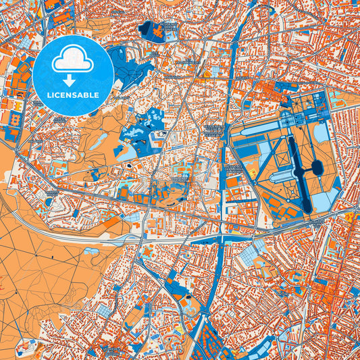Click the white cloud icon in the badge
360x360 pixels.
(73, 60)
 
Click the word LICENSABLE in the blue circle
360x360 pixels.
(73, 95)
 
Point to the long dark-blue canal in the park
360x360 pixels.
(297, 169)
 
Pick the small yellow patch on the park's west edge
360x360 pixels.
(253, 174)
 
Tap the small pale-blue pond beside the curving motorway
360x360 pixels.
(91, 251)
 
